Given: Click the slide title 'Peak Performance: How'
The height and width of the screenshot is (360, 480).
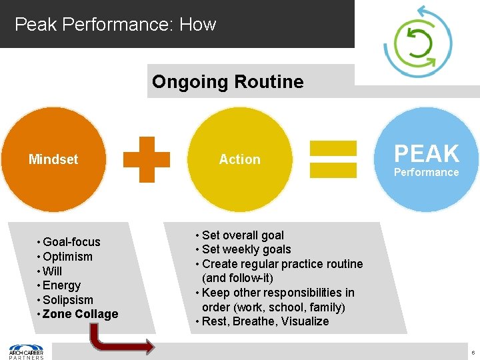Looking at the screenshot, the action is coord(115,25).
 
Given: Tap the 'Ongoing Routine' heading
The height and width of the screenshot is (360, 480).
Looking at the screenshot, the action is coord(227,82).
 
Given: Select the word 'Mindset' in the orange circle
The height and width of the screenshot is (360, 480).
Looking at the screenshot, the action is coord(53,159).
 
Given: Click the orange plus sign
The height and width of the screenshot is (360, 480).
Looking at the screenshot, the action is coord(146,159).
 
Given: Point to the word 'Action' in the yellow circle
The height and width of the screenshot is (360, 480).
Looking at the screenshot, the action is coord(240,159).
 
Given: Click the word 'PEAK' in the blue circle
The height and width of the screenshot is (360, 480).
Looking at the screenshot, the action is coord(427,154).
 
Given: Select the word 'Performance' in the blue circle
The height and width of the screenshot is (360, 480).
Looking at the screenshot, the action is coord(426,173).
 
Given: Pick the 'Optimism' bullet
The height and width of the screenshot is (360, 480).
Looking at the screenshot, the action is coord(67,257).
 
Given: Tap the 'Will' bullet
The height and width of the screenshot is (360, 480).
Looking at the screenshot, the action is coord(52,271).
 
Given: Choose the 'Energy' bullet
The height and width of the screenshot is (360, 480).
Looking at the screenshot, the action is coord(61,285).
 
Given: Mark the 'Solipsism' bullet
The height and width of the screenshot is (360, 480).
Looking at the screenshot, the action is coord(67,300).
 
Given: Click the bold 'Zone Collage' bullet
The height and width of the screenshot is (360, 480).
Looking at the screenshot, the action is coord(80,314).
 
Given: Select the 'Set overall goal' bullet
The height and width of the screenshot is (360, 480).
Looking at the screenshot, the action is coord(243,235).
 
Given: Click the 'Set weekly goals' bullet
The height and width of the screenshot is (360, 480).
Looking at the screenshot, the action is coord(246,249).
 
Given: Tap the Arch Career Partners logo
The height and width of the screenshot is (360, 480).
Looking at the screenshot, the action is coord(26,351).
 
